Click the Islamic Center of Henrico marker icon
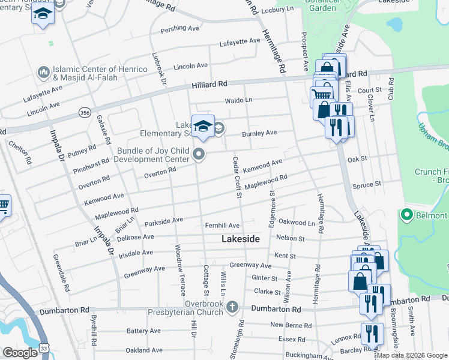pyautogui.click(x=43, y=73)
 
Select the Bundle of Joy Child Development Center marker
pyautogui.click(x=199, y=155)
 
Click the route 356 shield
pyautogui.click(x=84, y=112)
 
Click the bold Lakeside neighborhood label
pyautogui.click(x=241, y=239)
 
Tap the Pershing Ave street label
pyautogui.click(x=179, y=29)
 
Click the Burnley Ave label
pyautogui.click(x=259, y=133)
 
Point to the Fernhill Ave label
pyautogui.click(x=222, y=226)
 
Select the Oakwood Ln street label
pyautogui.click(x=297, y=223)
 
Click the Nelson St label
pyautogui.click(x=290, y=239)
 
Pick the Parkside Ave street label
pyautogui.click(x=163, y=220)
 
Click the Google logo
pyautogui.click(x=20, y=353)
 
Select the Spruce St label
pyautogui.click(x=367, y=185)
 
